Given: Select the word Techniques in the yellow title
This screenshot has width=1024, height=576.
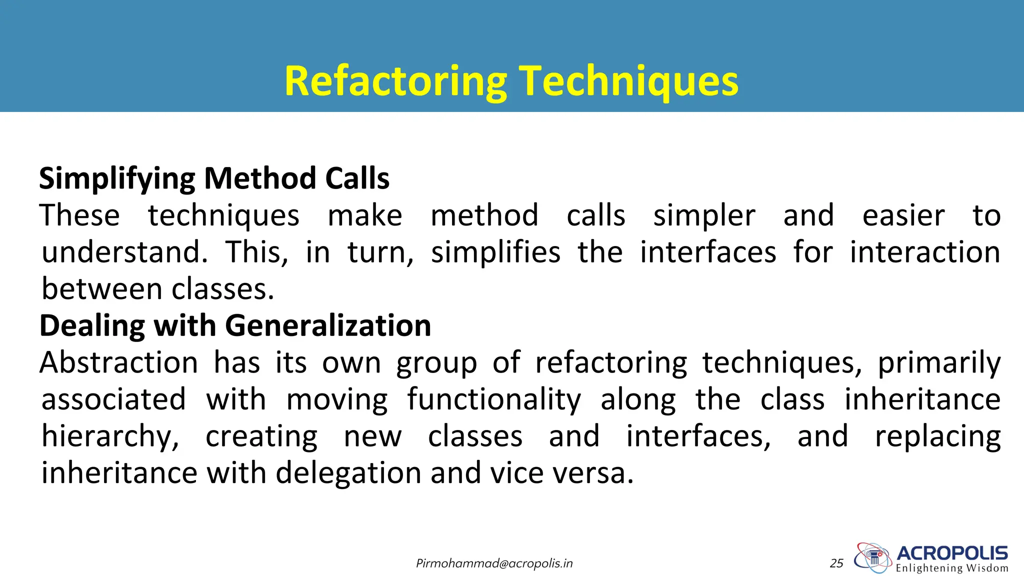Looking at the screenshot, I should [x=628, y=81].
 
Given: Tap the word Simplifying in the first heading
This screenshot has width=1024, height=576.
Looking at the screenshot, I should [x=117, y=179].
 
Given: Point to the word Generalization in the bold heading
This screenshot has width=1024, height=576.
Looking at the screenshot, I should [x=328, y=326].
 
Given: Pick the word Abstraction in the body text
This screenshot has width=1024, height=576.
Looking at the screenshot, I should [x=119, y=362].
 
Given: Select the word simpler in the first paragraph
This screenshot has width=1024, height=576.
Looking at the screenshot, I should [x=704, y=216].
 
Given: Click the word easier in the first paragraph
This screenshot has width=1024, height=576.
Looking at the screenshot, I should [x=903, y=216].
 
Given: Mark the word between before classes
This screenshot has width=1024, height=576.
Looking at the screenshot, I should [x=102, y=289].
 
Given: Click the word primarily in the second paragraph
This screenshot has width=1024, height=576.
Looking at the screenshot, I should [x=939, y=363].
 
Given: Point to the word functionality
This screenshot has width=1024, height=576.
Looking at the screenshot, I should [x=494, y=400].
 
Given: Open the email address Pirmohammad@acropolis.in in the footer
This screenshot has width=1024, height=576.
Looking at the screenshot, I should [x=494, y=564].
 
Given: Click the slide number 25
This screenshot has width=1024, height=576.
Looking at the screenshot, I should [x=836, y=564].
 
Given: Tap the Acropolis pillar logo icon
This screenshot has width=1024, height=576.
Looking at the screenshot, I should [x=873, y=557].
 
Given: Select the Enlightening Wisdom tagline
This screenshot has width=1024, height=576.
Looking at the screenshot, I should [x=952, y=568].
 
